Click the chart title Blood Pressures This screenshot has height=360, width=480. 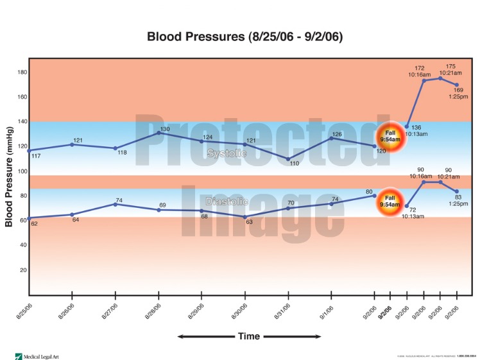point(244,37)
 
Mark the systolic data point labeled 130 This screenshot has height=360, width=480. point(159,133)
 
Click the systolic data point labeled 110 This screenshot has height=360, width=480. point(288,159)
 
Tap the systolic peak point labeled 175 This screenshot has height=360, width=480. point(440,78)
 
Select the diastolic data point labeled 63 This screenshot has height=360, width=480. point(245,217)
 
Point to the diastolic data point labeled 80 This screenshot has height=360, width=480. point(375,196)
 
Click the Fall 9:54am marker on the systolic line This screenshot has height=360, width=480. point(389,136)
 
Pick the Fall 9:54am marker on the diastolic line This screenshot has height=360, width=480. point(389,201)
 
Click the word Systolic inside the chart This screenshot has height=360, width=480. point(226,153)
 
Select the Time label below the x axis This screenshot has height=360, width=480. point(248,336)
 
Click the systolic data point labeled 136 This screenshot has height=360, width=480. point(407,126)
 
